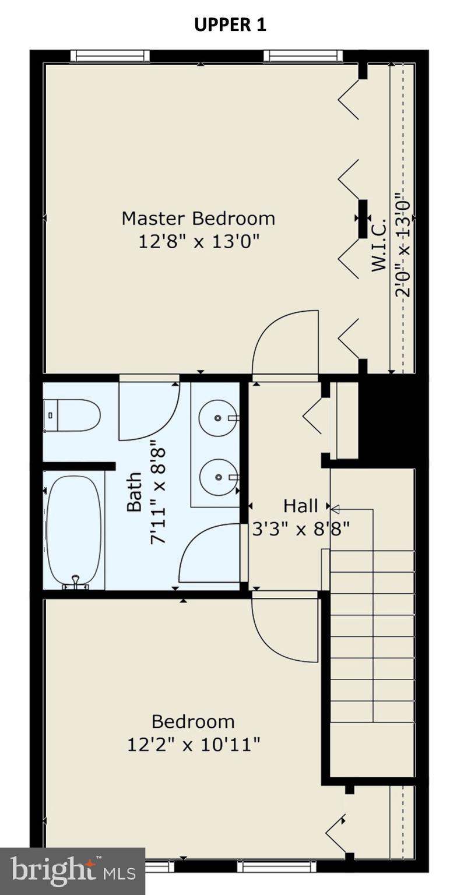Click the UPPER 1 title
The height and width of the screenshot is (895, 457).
click(230, 25)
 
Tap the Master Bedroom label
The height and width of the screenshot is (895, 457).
click(198, 219)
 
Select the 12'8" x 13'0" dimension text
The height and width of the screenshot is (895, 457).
click(198, 241)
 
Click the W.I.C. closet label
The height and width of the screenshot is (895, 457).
click(379, 245)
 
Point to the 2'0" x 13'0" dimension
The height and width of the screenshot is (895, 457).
click(403, 245)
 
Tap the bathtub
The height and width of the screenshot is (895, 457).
click(74, 530)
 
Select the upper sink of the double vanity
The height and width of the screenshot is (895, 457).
click(217, 418)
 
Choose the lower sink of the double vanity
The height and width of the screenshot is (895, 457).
click(218, 477)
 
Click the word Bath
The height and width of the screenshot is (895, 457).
click(134, 492)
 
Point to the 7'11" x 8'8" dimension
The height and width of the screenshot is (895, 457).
click(158, 495)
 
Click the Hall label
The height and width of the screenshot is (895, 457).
click(301, 505)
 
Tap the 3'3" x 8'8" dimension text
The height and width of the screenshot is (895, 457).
click(301, 529)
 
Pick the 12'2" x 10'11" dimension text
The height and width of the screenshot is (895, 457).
click(194, 744)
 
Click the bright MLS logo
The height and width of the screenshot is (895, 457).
click(72, 871)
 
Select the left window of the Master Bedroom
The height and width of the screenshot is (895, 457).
click(110, 56)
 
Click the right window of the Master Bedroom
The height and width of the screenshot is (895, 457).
click(303, 56)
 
